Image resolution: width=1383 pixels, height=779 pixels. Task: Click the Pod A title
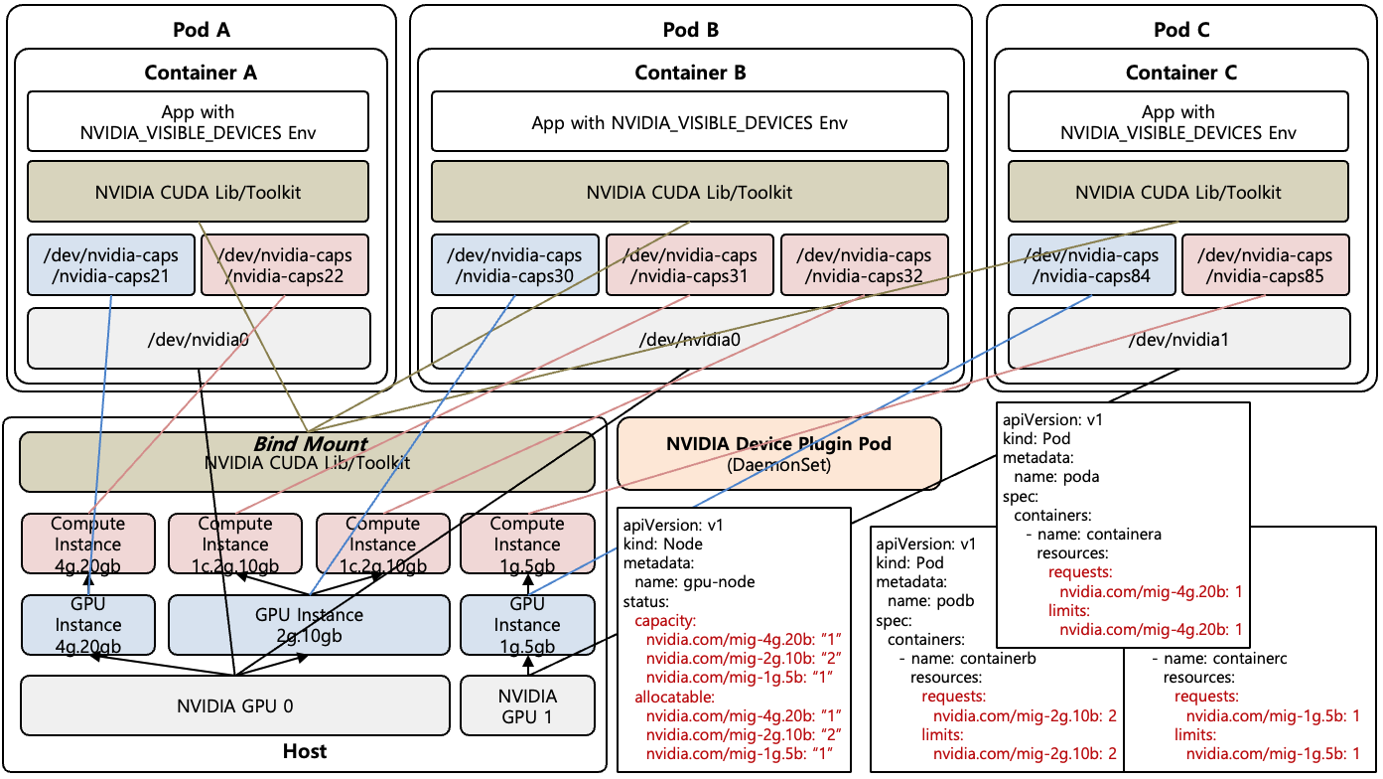click(x=201, y=30)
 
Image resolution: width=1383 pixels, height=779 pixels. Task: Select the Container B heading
click(x=690, y=73)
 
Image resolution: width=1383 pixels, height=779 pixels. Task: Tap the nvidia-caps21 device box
click(x=110, y=265)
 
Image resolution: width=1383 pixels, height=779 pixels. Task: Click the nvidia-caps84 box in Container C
click(x=1090, y=265)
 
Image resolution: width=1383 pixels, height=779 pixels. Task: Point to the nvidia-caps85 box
click(x=1265, y=265)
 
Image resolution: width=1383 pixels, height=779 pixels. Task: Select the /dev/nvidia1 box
click(x=1178, y=339)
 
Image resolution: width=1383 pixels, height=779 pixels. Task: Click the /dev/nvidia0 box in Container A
click(x=198, y=339)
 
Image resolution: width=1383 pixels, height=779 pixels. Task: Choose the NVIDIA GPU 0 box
click(x=235, y=706)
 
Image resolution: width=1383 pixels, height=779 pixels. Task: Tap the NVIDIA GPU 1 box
click(x=527, y=706)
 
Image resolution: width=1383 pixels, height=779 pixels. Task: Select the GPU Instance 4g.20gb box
click(x=87, y=625)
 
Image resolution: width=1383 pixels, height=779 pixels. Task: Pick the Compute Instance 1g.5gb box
click(x=527, y=545)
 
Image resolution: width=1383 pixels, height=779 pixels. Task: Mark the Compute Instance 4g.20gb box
click(x=87, y=545)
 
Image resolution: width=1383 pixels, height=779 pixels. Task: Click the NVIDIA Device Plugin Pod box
click(x=778, y=453)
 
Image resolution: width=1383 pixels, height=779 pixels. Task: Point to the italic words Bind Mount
click(x=309, y=444)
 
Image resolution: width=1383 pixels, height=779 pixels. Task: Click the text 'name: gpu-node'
click(x=688, y=582)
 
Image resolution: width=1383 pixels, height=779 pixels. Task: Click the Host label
click(x=305, y=751)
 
